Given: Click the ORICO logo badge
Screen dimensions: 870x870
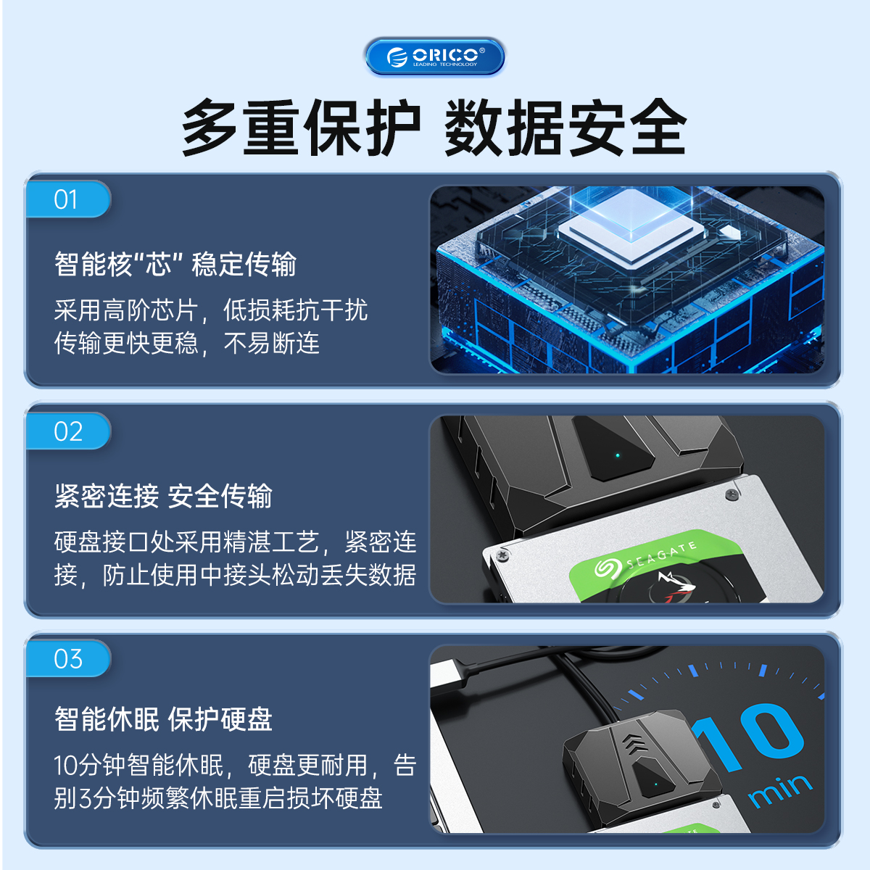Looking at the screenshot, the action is click(434, 57).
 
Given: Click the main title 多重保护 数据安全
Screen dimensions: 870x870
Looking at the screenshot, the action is click(434, 127).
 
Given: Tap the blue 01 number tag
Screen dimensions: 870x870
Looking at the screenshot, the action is click(68, 199).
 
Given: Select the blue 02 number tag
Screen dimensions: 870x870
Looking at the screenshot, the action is click(68, 431).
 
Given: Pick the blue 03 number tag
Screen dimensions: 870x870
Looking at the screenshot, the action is click(68, 659).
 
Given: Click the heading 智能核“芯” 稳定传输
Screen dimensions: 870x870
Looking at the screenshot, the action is click(175, 264).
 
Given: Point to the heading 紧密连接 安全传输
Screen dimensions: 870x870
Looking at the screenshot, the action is click(163, 496).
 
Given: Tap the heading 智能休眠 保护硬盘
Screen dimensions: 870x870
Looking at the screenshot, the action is click(163, 718).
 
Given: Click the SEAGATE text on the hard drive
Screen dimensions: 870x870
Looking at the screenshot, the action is click(661, 555).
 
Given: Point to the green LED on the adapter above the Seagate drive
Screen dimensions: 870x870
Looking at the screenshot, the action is click(618, 455).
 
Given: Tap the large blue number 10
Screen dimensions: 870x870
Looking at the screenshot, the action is click(747, 737).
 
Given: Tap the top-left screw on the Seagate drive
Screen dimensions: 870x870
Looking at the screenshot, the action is click(502, 555).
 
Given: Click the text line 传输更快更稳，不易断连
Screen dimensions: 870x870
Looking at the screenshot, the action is click(186, 344).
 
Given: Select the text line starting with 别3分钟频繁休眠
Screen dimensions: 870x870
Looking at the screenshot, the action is click(218, 798).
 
